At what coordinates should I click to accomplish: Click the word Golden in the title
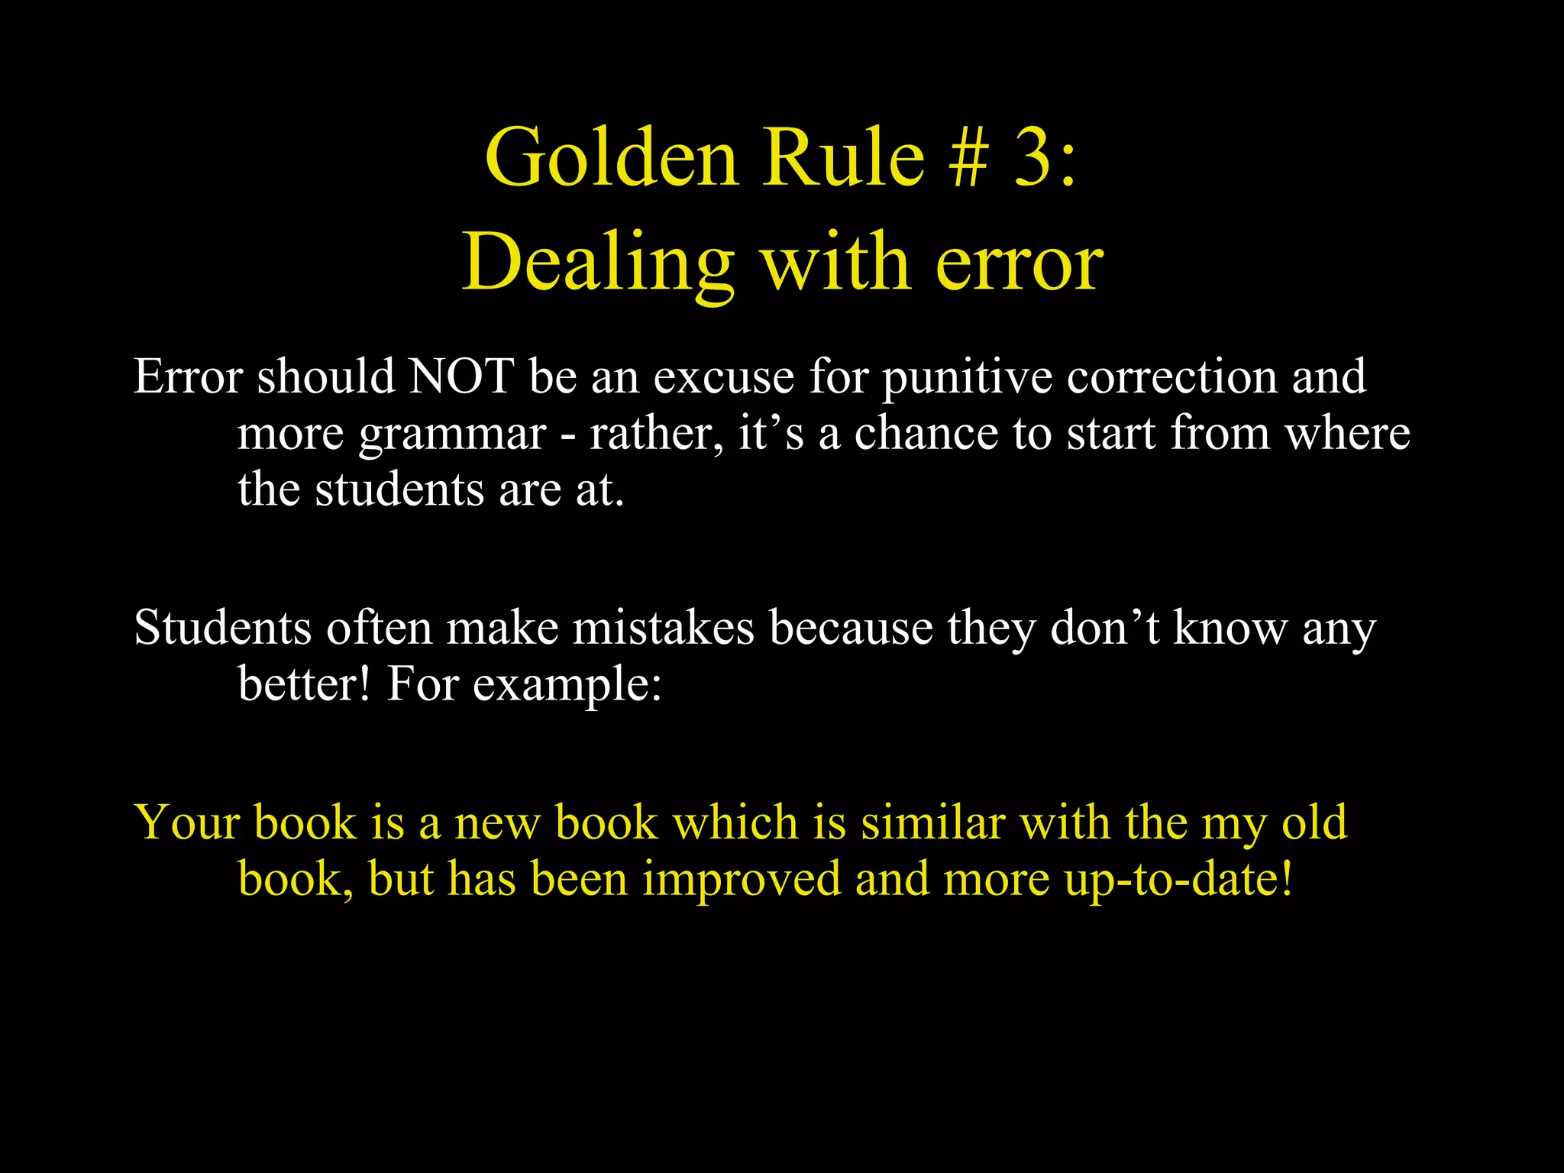(612, 158)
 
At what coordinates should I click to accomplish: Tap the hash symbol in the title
(969, 158)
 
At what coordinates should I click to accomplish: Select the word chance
(926, 433)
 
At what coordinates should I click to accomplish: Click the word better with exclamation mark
(305, 683)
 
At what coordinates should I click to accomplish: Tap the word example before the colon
(566, 685)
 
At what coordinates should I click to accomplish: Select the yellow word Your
(186, 823)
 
